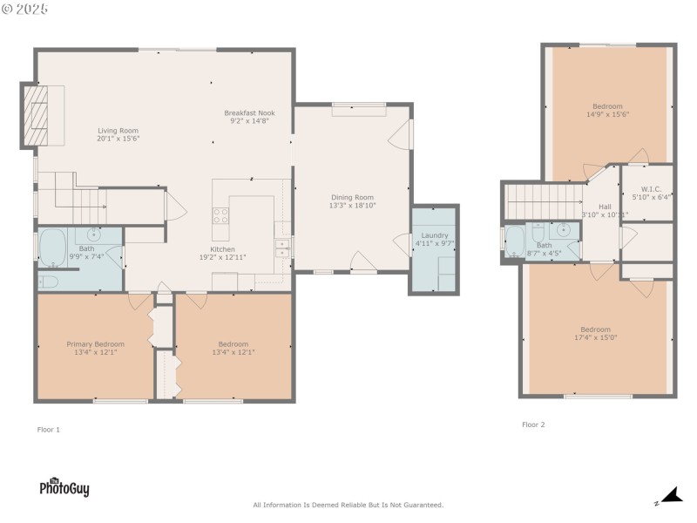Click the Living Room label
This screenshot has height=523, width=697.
(118, 130)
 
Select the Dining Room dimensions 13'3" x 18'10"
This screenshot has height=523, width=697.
(351, 206)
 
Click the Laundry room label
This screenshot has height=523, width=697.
(434, 235)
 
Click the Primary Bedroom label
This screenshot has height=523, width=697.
(96, 343)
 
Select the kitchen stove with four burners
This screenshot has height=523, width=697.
(221, 215)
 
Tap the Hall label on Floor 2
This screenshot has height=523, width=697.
(605, 207)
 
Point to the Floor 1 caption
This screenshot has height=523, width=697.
(49, 429)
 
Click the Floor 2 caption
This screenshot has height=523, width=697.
(533, 425)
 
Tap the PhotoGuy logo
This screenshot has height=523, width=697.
(64, 487)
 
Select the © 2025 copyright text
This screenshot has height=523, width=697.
(25, 8)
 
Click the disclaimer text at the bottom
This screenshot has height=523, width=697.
(348, 505)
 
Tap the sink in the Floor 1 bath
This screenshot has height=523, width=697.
(92, 234)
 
